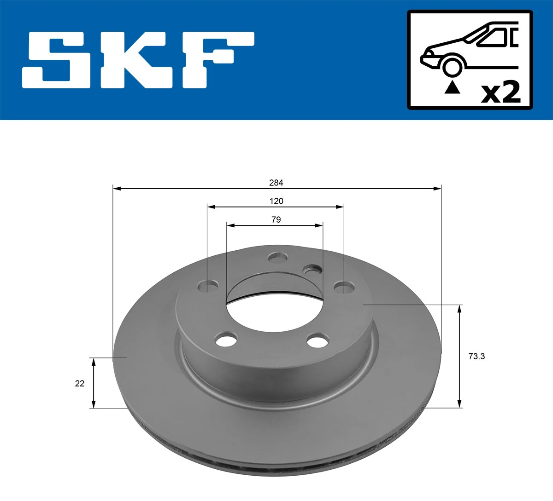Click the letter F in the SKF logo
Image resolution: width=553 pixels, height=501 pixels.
(217, 60)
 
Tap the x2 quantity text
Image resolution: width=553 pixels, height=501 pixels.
(500, 92)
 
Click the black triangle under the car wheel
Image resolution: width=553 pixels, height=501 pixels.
(452, 87)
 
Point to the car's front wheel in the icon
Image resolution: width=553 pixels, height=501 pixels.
(452, 66)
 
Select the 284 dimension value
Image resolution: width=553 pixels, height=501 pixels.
(276, 183)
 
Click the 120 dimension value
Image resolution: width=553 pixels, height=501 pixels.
(276, 201)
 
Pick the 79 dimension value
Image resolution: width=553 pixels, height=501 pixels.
(276, 219)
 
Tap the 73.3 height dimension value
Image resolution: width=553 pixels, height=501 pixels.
(477, 356)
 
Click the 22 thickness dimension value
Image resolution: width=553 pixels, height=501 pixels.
(80, 383)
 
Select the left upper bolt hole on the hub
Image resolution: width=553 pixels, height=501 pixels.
(208, 287)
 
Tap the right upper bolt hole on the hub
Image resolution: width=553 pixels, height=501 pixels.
(344, 288)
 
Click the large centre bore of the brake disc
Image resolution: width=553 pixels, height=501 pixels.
(275, 311)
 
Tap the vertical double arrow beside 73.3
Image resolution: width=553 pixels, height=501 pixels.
(459, 356)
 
